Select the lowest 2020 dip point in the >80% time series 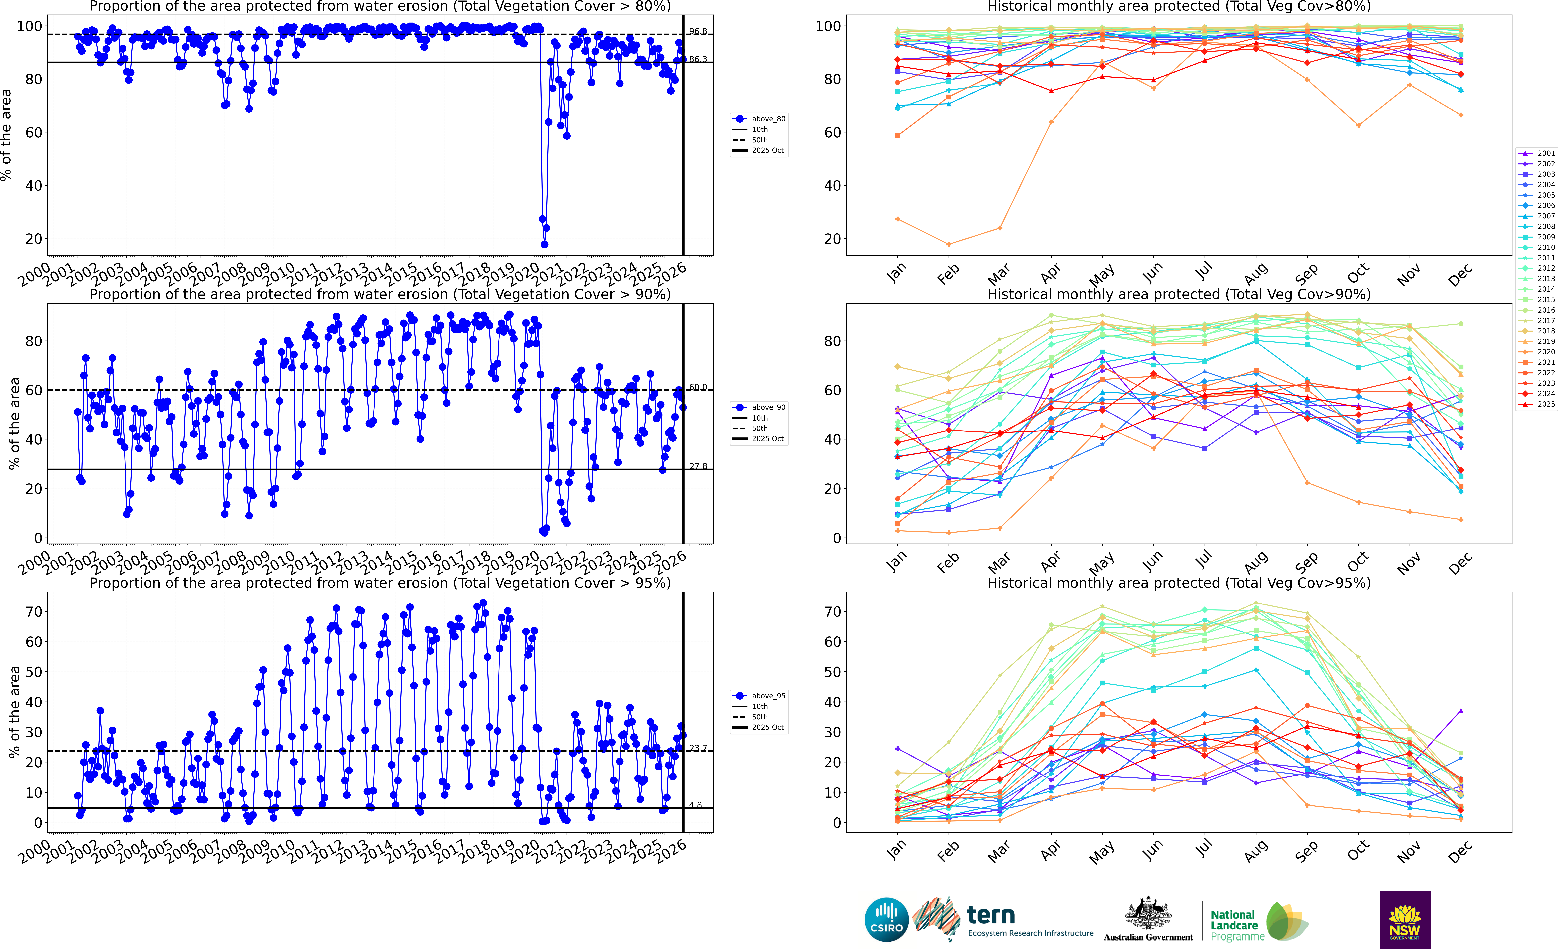pos(544,244)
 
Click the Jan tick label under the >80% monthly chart pos(897,273)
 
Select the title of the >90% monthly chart pos(1179,294)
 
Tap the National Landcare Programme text pos(1234,925)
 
